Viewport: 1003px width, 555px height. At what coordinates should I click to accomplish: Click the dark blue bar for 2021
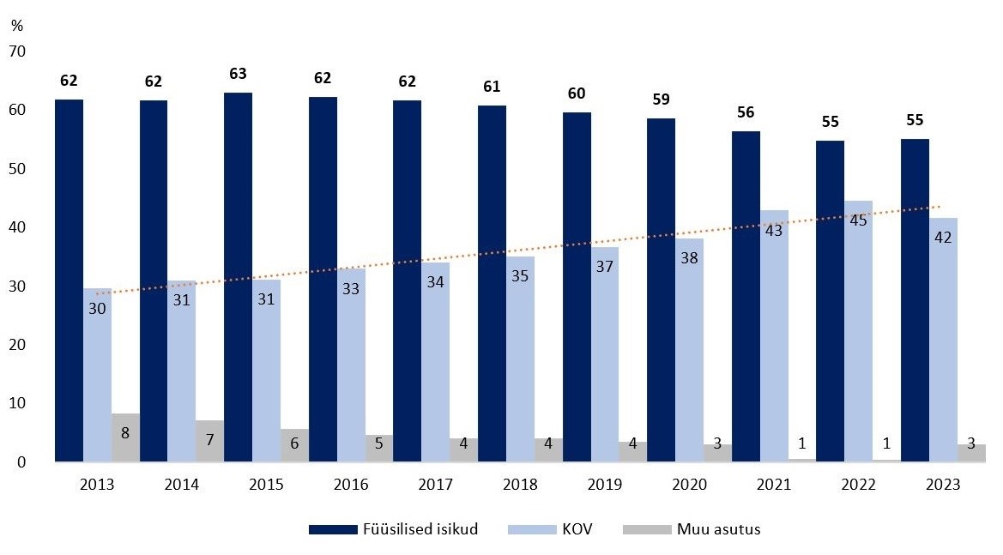[746, 296]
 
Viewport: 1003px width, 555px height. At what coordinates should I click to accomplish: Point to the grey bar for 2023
[971, 453]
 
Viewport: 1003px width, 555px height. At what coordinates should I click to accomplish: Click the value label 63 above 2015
[239, 75]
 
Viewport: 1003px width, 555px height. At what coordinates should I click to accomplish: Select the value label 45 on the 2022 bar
[858, 220]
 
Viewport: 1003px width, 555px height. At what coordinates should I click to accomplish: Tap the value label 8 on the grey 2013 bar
[125, 432]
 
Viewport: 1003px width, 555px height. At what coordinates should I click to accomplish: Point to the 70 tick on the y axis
[17, 52]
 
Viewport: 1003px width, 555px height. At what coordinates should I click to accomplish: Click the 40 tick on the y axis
[17, 228]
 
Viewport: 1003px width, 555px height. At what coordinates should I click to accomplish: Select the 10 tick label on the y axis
[17, 404]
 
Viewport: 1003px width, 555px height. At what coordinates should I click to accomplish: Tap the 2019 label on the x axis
[604, 485]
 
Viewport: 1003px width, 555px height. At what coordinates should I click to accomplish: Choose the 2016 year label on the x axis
[351, 485]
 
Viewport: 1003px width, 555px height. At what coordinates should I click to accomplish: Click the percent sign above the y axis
[17, 26]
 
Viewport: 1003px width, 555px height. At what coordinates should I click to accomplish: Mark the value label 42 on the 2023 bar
[943, 237]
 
